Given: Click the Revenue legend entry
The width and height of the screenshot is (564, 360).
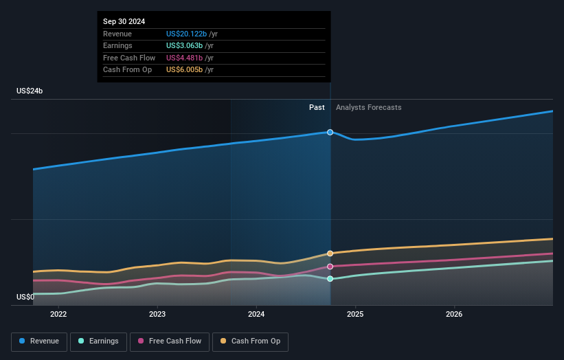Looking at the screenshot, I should [39, 341].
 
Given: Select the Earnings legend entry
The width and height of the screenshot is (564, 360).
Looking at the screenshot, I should [98, 341].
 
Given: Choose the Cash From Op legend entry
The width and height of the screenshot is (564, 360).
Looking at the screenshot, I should [250, 341].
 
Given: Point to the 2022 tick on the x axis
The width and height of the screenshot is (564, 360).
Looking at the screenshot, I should [58, 315].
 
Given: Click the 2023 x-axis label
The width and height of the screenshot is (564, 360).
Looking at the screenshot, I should [157, 315].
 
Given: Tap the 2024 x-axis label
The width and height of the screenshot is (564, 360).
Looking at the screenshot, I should [256, 315].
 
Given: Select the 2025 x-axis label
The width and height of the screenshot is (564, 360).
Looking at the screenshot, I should [355, 315].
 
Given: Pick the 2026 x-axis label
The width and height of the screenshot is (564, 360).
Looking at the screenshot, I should [454, 315].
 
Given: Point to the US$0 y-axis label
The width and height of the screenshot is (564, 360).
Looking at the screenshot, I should [25, 297].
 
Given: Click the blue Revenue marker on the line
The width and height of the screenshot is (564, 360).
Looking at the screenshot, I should [330, 132].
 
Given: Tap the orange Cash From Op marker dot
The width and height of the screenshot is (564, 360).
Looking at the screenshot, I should [330, 254].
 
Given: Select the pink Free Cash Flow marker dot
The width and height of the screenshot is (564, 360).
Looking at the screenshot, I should [330, 267].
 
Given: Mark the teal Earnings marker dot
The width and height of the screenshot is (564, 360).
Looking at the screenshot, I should [330, 279].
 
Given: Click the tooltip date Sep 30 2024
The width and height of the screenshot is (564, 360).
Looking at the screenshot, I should [124, 22].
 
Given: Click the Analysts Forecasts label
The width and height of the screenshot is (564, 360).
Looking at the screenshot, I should [368, 107].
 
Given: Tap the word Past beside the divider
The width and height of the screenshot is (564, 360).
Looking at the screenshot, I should [317, 107].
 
